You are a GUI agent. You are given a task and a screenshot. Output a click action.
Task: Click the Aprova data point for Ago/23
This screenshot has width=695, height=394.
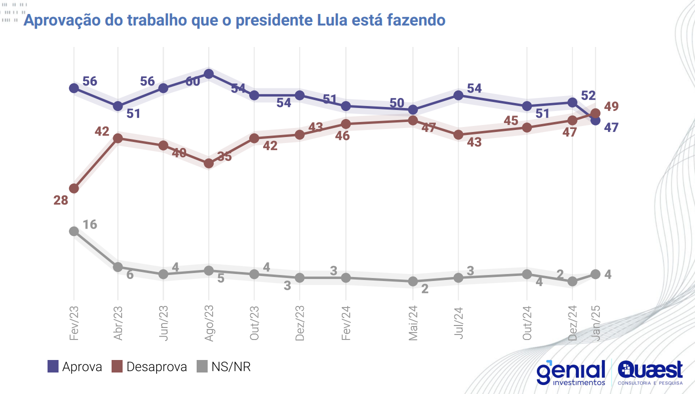(x=209, y=74)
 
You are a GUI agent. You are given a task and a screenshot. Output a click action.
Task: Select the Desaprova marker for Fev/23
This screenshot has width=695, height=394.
(x=74, y=188)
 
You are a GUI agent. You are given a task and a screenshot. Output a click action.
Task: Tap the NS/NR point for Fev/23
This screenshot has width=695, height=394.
(x=74, y=231)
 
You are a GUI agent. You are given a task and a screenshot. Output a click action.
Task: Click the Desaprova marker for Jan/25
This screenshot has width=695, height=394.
(x=595, y=113)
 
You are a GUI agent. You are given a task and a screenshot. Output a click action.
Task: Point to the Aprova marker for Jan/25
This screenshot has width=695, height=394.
(x=595, y=120)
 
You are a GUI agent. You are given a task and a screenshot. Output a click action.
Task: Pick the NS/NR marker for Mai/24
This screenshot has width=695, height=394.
(x=413, y=281)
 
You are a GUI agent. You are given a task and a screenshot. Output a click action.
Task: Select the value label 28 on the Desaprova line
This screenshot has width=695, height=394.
(x=61, y=200)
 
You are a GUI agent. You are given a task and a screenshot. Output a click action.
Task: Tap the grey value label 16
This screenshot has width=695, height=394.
(x=90, y=224)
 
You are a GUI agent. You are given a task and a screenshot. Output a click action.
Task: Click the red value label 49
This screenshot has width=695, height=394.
(x=611, y=106)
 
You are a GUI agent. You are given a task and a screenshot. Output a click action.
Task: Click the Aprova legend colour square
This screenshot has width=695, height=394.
(x=53, y=366)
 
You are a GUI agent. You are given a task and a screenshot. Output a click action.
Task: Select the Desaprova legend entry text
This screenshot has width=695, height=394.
(x=157, y=366)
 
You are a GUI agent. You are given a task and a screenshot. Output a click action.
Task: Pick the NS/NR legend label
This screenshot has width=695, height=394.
(x=231, y=366)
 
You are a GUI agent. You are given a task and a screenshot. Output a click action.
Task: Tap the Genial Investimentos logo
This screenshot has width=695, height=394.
(x=571, y=373)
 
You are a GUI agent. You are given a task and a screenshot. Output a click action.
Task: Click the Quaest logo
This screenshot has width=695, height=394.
(x=650, y=373)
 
